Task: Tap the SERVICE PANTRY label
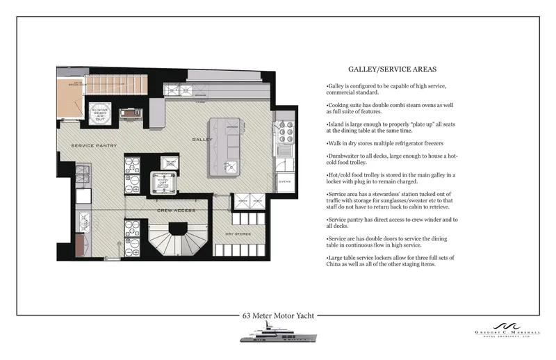(x=95, y=145)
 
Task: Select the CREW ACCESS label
(x=174, y=209)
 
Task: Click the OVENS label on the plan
(x=284, y=183)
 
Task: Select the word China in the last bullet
(x=336, y=264)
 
